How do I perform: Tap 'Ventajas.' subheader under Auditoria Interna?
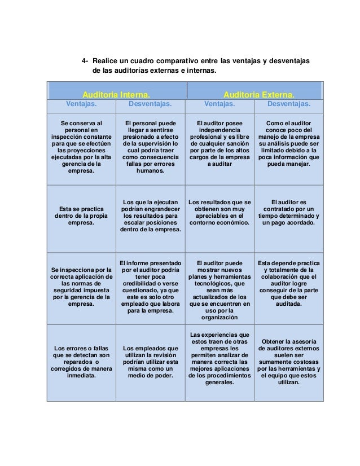[x=81, y=104]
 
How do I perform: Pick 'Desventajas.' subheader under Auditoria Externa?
[x=288, y=104]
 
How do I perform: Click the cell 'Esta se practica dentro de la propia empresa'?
[x=81, y=216]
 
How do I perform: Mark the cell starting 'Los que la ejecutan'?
[x=150, y=216]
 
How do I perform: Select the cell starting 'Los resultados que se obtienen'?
[x=219, y=212]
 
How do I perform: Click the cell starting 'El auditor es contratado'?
[x=288, y=212]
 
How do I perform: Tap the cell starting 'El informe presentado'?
[x=150, y=286]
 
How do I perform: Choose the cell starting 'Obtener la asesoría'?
[x=288, y=362]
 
